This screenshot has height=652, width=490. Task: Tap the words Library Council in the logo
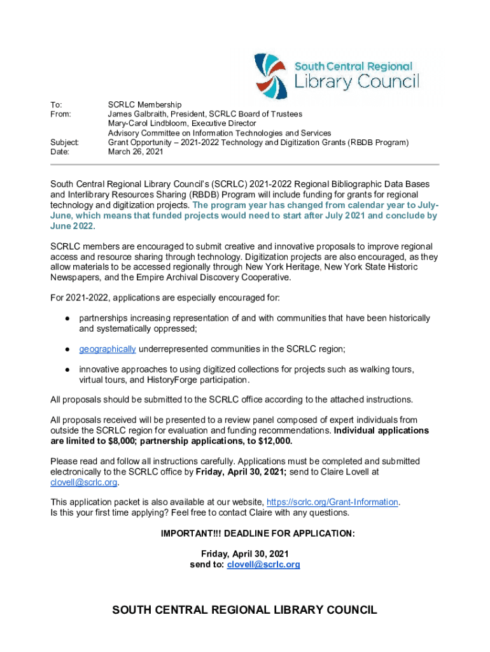356,81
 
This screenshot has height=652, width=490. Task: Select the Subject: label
65,143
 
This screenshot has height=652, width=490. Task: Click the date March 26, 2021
136,152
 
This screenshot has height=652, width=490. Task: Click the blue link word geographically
107,349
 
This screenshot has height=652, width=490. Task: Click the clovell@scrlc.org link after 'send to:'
263,564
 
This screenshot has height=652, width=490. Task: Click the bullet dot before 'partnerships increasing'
66,318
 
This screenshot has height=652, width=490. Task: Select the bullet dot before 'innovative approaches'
66,369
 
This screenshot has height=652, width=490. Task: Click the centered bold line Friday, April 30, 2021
245,554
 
